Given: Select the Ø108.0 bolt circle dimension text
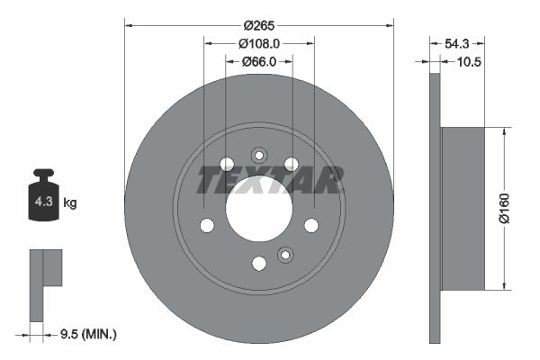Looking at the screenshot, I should [259, 42].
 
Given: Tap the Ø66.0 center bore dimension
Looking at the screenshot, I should [259, 61].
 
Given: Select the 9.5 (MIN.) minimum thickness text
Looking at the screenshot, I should [86, 334].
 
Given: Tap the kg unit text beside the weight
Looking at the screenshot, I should [70, 202].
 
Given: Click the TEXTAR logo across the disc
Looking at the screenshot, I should [270, 180].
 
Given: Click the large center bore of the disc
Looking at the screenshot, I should [259, 208].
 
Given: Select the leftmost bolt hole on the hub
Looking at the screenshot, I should [207, 225].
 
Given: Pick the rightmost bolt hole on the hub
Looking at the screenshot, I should [311, 225].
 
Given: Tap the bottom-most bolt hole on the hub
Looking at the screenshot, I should [259, 263].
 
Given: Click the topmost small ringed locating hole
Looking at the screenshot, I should [259, 154].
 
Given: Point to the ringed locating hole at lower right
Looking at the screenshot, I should [285, 255].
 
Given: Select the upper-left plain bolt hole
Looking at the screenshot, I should [227, 164].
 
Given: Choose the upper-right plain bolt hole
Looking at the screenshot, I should [292, 164].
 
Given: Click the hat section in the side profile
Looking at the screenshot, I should [463, 209].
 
